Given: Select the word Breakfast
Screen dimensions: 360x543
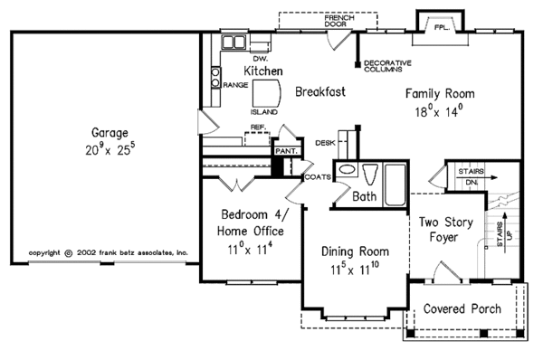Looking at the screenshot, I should pyautogui.click(x=319, y=91).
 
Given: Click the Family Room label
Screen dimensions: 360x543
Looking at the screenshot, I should pyautogui.click(x=439, y=93).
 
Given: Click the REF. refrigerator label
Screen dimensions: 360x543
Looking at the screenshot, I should pyautogui.click(x=257, y=128).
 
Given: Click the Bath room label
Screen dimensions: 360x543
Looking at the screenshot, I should pyautogui.click(x=365, y=195).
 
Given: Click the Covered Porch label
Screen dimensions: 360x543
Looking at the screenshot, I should pyautogui.click(x=462, y=308).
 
